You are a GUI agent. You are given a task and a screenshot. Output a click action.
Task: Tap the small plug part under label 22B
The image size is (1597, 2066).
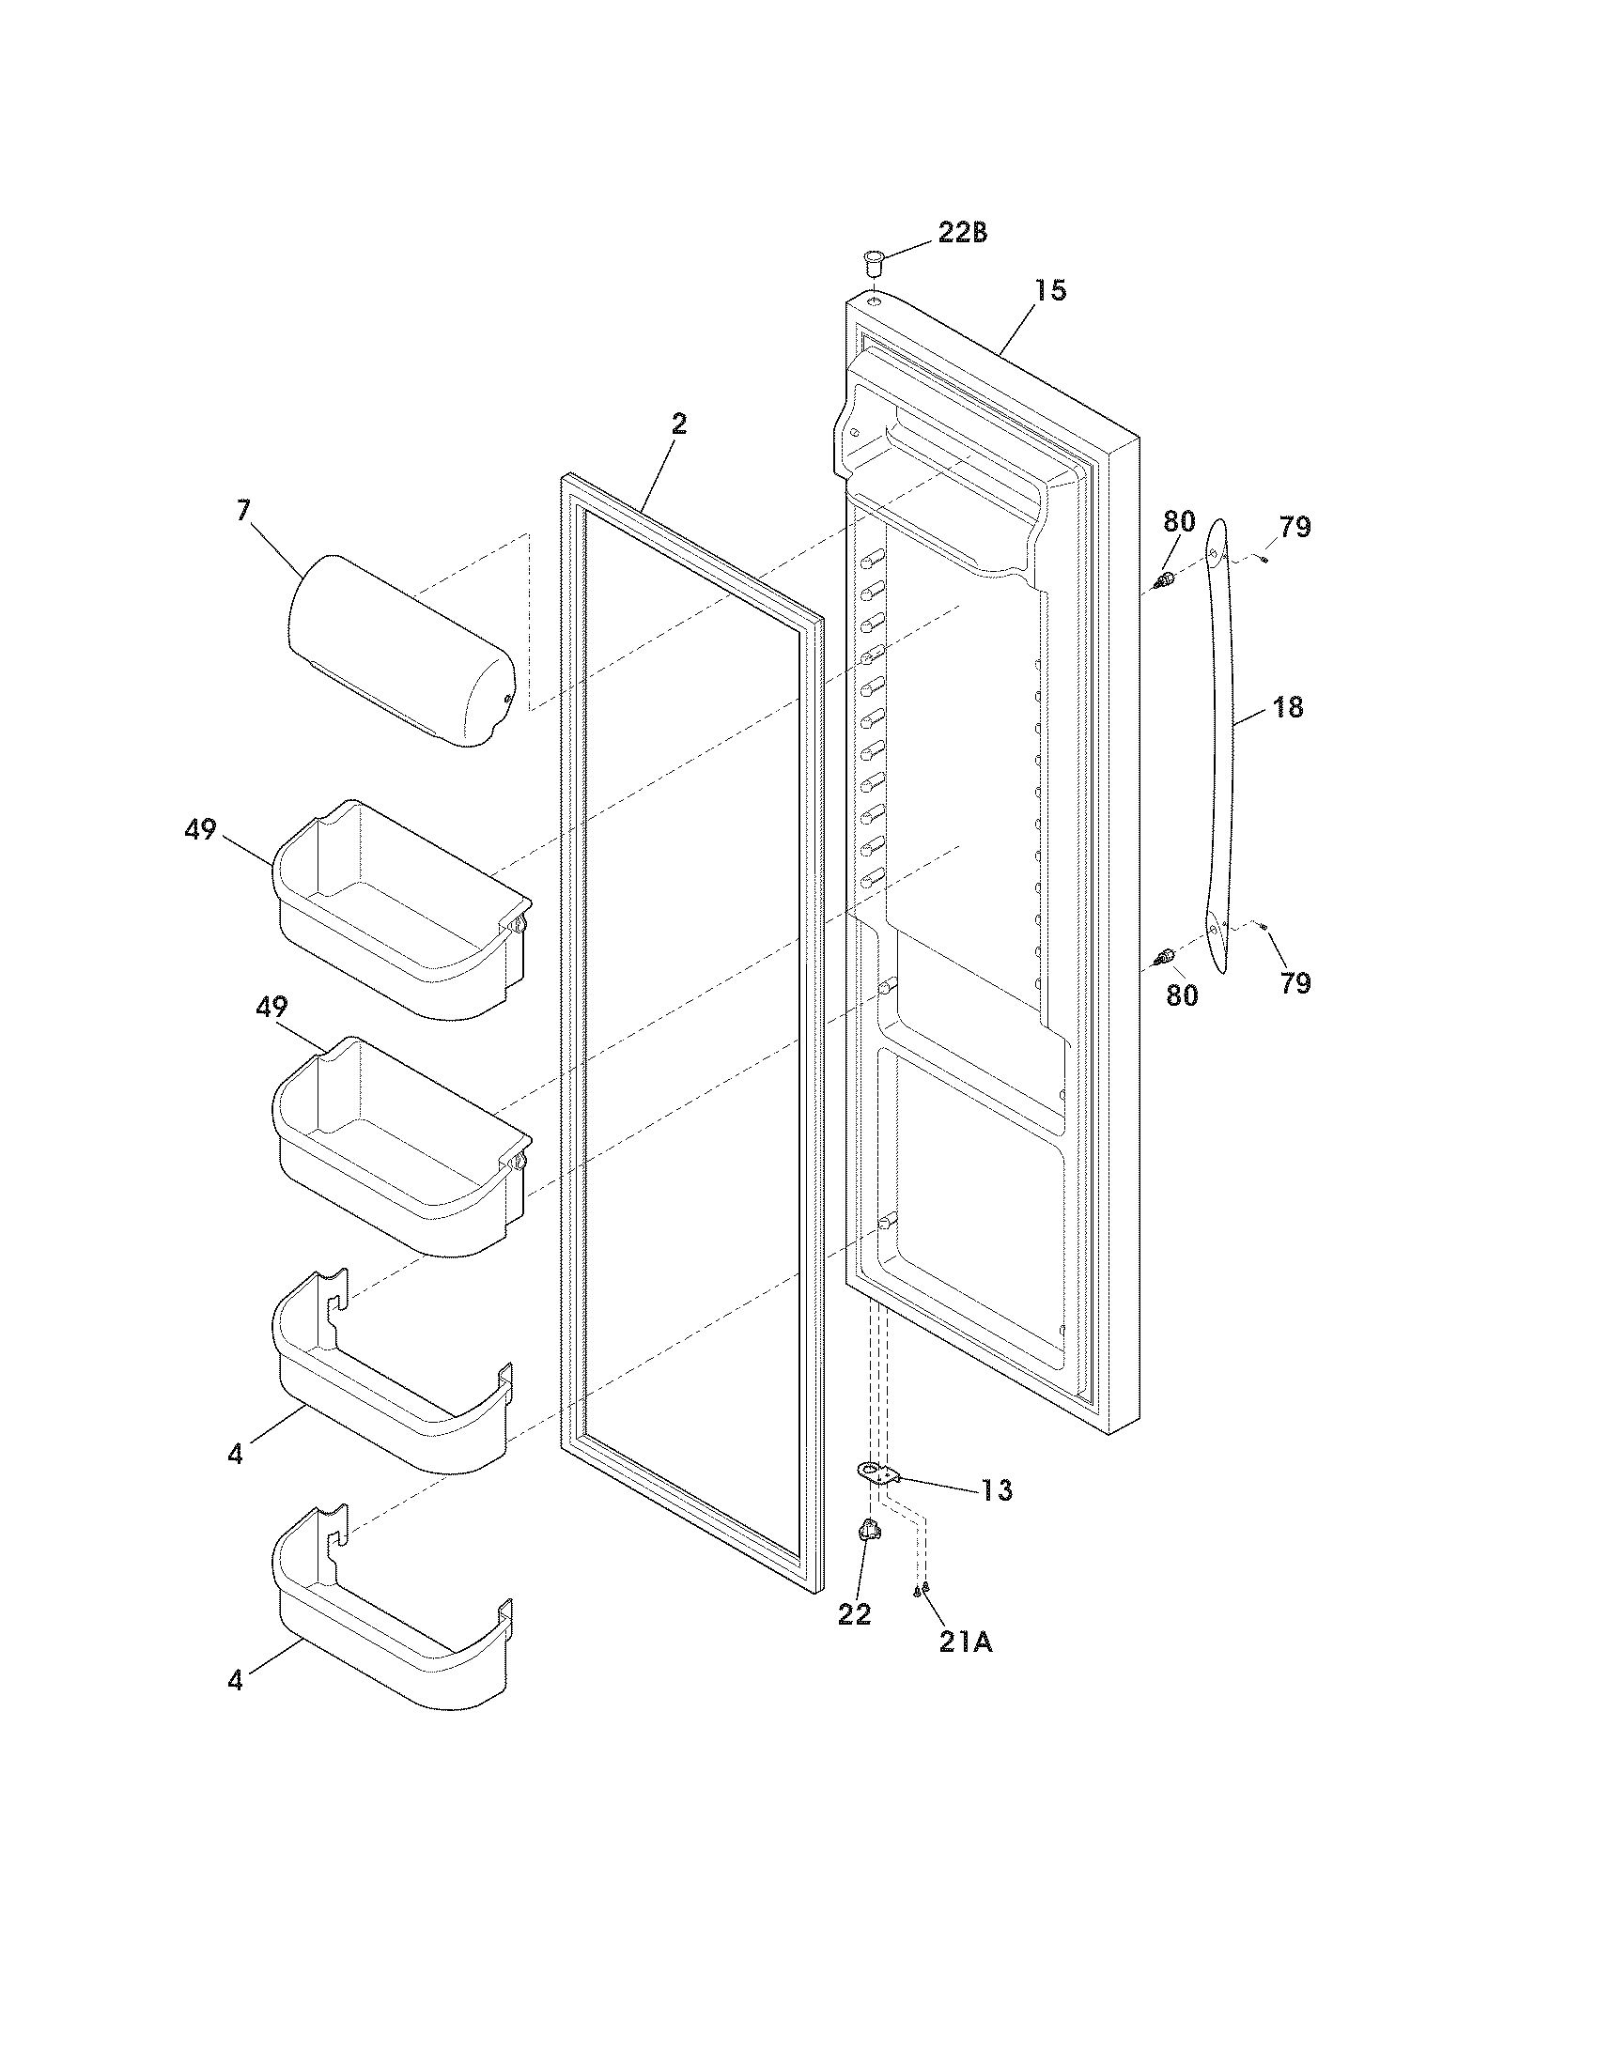pos(873,259)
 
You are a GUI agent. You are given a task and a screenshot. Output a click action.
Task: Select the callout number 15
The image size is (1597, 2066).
pos(1049,290)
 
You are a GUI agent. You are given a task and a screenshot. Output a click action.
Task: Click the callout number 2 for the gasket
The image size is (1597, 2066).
pos(678,424)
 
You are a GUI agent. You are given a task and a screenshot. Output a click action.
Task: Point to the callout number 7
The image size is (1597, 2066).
pos(243,512)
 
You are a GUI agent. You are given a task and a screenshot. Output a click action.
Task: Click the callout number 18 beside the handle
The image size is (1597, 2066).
pos(1288,706)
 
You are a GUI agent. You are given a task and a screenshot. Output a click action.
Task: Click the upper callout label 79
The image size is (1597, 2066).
pos(1295,528)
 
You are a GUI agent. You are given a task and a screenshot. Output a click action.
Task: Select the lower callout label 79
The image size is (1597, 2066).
pos(1295,984)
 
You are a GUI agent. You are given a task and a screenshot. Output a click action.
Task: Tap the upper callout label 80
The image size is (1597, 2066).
pos(1179,521)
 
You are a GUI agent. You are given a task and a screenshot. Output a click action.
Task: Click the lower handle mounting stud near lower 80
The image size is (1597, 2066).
pos(1166,957)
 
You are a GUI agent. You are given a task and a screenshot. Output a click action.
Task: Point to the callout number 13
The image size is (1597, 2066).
pos(995,1490)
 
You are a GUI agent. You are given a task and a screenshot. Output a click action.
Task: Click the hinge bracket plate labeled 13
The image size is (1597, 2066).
pos(876,1471)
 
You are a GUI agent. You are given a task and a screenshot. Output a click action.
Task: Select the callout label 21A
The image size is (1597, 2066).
pos(966,1642)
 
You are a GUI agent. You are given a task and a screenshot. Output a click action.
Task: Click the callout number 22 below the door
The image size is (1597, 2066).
pos(853,1613)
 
